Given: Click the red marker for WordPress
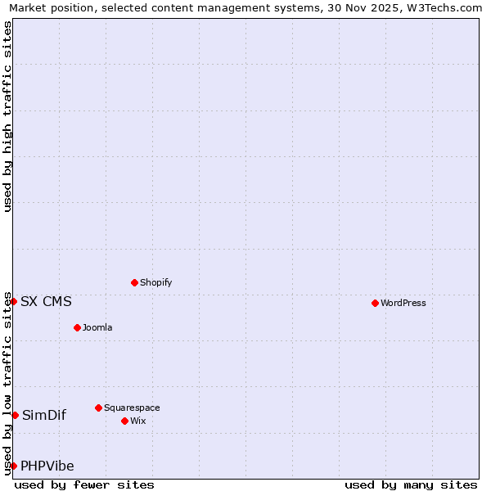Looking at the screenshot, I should coord(375,303).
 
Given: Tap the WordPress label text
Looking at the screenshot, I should coord(403,304).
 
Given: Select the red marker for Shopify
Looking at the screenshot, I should coord(134,282).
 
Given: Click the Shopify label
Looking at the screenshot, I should coord(155,283).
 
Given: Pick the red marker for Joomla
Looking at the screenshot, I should coord(77,327).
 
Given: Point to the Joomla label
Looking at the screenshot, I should coord(97,328).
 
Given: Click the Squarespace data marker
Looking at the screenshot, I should coord(98,408).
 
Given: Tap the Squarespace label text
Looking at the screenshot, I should coord(132,408).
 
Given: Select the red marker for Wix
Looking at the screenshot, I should coord(124,421).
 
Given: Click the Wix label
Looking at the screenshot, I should coord(137,421).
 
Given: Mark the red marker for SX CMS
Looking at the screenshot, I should coord(13,301).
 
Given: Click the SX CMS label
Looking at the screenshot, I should coord(46,302).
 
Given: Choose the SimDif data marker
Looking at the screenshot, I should coord(15,415).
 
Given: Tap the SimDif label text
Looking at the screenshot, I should coord(44,416).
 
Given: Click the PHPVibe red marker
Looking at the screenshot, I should coord(13,466).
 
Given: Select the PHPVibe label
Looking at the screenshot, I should coord(47,466).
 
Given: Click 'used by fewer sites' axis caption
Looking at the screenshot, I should coord(84,485).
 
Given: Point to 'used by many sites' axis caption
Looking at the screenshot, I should coord(411,485).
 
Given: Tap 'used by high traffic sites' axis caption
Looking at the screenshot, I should coord(8,116).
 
